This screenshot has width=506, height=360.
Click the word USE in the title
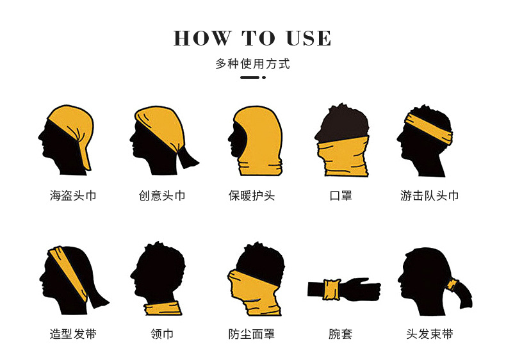pos(309,38)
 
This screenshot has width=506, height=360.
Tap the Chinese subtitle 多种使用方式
pos(253,64)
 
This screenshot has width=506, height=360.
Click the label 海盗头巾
pos(73,195)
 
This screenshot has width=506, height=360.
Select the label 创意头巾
pos(162,195)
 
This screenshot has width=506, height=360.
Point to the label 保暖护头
pos(252,195)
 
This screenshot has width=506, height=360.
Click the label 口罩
pos(341,195)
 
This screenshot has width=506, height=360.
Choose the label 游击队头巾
pos(430,195)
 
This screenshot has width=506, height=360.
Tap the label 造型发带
pos(73,334)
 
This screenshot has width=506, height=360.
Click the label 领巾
pos(162,334)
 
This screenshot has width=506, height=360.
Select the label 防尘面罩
pos(252,334)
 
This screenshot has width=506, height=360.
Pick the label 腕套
pos(341,334)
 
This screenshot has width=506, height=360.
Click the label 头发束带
pos(430,334)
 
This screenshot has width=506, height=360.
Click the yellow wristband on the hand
pos(332,289)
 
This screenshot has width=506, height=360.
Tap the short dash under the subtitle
pos(250,78)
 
